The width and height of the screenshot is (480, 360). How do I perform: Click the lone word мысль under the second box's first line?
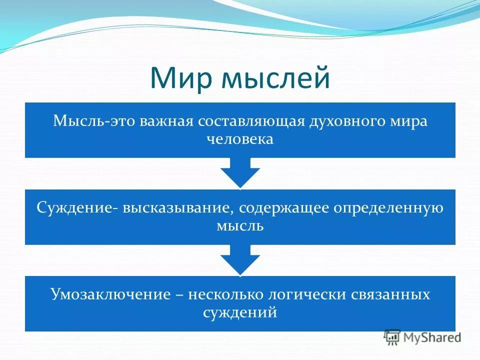pos(240,225)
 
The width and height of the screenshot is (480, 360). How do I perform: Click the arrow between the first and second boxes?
pos(240,173)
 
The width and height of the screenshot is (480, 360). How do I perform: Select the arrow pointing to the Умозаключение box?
pos(240,259)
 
